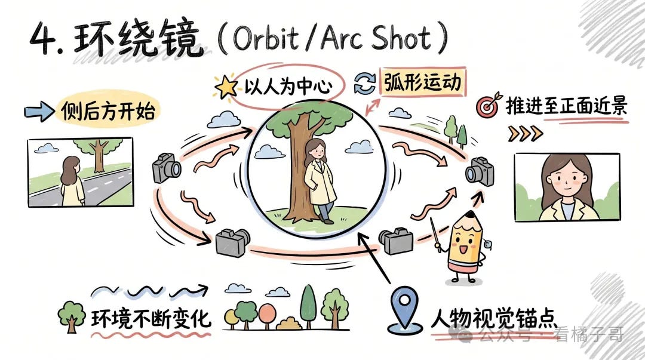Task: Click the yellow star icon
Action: coord(226,87)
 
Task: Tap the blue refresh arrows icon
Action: coord(365,84)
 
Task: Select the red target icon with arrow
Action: coord(489,105)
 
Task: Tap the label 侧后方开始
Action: coord(107,111)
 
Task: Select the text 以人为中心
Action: coord(288,87)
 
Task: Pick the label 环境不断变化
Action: coord(151,319)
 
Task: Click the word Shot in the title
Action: coord(401,38)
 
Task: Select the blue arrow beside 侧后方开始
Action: coord(39,112)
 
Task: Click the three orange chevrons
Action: coord(526,133)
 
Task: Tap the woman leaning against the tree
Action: coord(320,181)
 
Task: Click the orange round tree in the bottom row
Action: coord(268,316)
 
